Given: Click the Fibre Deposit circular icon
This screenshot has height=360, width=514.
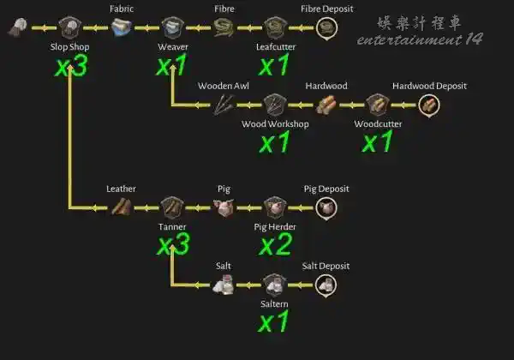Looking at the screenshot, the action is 327,28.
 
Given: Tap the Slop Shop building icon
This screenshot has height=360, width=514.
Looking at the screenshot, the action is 70,27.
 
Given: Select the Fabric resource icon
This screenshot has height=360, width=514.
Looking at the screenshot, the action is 122,27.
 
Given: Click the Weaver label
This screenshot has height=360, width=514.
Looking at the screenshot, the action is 173,47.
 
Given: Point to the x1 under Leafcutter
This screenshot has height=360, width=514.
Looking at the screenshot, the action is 274,65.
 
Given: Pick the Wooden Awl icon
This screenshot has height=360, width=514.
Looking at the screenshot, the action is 224,105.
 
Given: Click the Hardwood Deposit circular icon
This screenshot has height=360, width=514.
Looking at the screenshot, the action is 429,105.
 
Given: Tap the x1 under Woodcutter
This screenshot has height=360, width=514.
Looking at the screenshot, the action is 377,141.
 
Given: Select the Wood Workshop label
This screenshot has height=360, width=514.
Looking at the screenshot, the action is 275,124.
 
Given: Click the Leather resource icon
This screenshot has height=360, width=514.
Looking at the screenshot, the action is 122,207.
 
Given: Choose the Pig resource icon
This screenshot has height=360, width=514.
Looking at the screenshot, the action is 224,208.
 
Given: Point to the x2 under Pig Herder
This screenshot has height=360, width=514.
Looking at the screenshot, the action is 275,244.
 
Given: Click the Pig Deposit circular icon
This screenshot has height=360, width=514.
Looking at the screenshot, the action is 326,208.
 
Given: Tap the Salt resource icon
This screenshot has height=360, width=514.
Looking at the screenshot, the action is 224,285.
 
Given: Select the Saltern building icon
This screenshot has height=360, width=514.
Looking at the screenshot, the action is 275,285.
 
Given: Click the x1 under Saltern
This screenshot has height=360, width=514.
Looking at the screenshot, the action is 273,322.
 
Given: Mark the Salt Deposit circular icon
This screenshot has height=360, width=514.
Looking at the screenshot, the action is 326,285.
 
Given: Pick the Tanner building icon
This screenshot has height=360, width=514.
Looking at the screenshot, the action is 172,207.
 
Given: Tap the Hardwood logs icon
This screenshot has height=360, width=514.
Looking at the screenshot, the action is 326,105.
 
